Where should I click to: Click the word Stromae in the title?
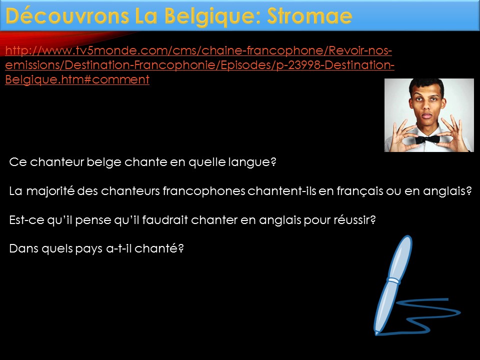(309, 16)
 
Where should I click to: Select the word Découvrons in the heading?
(67, 16)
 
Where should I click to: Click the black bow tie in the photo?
(427, 139)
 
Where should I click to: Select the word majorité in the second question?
(50, 191)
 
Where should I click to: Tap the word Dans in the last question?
(24, 248)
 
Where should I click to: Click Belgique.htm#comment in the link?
(77, 79)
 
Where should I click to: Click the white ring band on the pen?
(393, 280)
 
